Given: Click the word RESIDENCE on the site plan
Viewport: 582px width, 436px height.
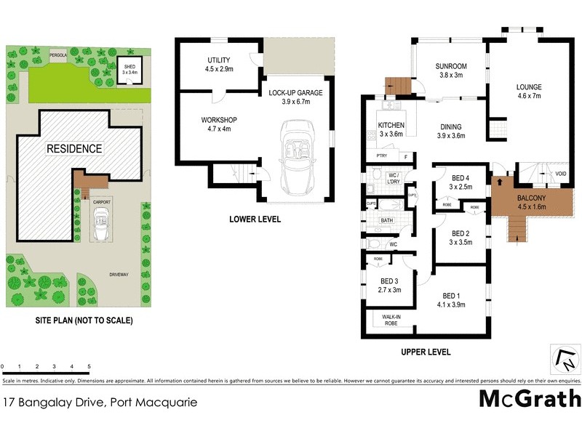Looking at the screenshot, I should (75, 148).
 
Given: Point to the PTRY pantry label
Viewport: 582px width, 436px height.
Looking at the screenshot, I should (381, 156).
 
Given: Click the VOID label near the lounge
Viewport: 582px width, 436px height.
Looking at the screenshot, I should (561, 174).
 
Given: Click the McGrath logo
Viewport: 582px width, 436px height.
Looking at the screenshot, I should (530, 399).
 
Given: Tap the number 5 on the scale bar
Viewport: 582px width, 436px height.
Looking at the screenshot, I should (89, 367).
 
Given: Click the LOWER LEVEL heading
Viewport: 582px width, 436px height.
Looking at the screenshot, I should (255, 219).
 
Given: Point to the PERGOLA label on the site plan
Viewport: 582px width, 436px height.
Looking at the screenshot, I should (57, 54).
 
